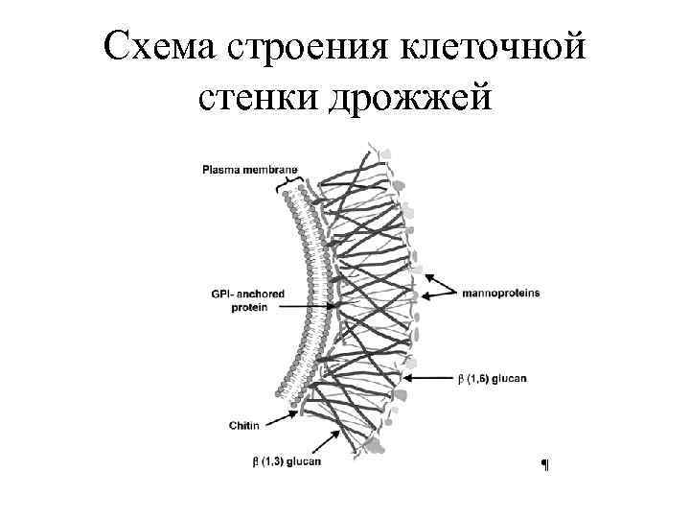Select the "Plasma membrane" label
249,171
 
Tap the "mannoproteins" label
500,294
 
